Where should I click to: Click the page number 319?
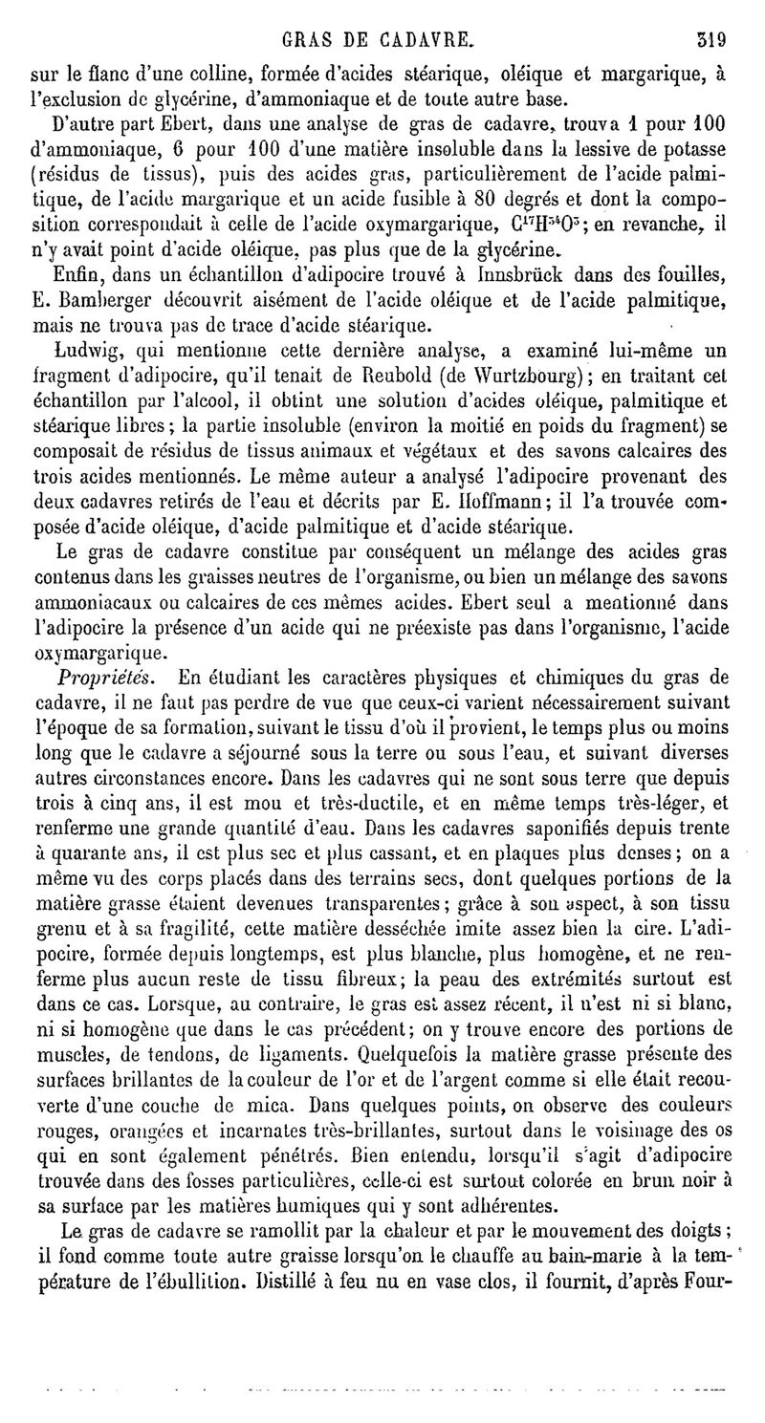711,41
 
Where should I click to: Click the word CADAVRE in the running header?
426,41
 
